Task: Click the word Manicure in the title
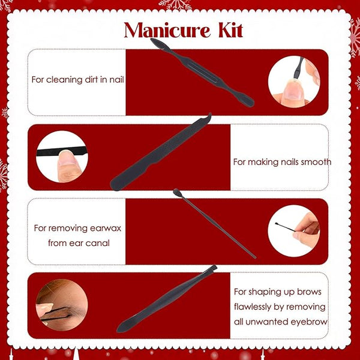167,31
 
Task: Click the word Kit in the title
230,31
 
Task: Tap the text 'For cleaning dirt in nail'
77,80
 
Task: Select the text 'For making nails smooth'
282,162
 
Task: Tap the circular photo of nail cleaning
294,82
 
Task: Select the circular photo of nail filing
62,157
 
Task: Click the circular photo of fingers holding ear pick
294,231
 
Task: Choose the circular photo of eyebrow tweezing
62,305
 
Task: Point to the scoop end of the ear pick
176,192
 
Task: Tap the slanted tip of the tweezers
214,268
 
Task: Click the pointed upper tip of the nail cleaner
152,40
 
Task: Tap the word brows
309,292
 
